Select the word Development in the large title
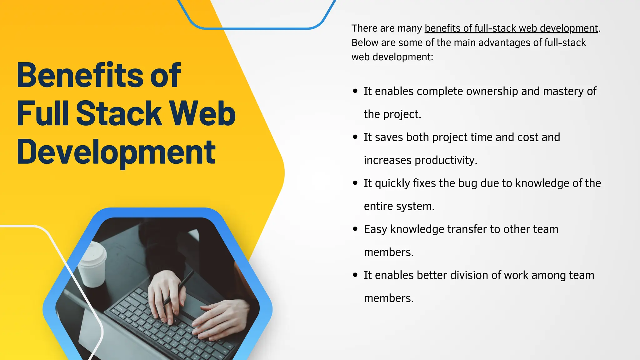click(x=116, y=152)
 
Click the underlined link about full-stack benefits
click(x=511, y=28)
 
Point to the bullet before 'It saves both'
click(x=355, y=137)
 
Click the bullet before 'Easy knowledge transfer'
click(x=355, y=229)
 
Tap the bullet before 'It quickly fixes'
click(x=355, y=183)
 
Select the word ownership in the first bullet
click(x=492, y=91)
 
